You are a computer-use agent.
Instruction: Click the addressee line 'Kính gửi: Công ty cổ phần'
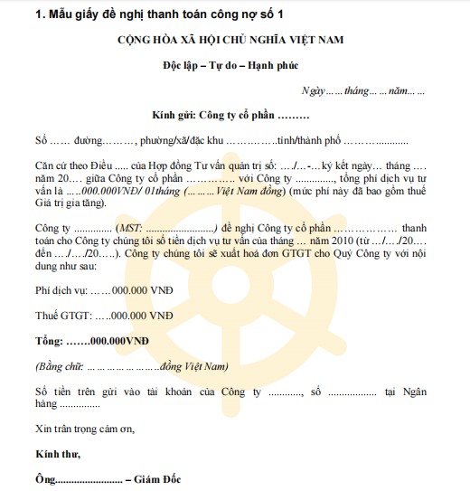coord(230,117)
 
